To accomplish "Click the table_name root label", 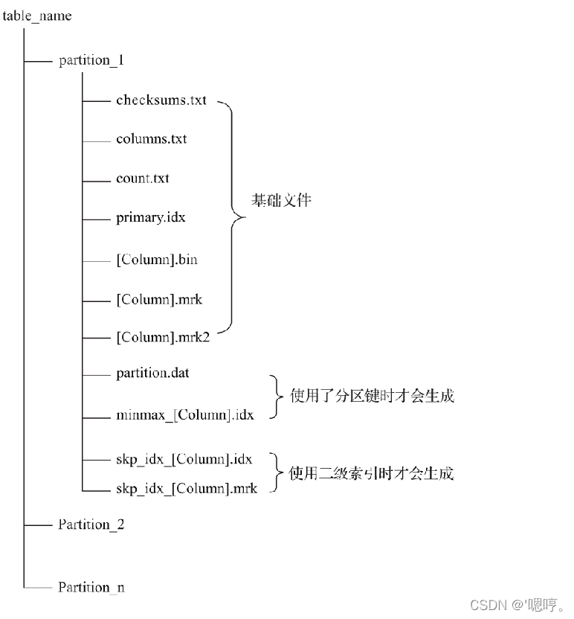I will coord(37,16).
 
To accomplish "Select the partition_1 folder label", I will coord(91,60).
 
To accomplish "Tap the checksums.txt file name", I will coord(161,100).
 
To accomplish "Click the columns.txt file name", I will coord(152,139).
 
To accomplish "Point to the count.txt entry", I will coord(143,179).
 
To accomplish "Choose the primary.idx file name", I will coord(151,218).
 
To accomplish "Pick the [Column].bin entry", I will coord(157,260).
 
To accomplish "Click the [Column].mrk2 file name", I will coord(164,338).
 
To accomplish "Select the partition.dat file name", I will coord(153,372).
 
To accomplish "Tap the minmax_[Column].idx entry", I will coord(185,414).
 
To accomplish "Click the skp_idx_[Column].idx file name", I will coord(184,460).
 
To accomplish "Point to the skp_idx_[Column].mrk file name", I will coord(187,488).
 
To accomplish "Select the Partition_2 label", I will coord(91,525).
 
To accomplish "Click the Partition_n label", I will coord(91,587).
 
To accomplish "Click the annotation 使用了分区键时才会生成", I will coord(372,395).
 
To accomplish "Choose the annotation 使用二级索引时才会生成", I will coord(372,473).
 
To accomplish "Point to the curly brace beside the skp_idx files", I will coord(277,473).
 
